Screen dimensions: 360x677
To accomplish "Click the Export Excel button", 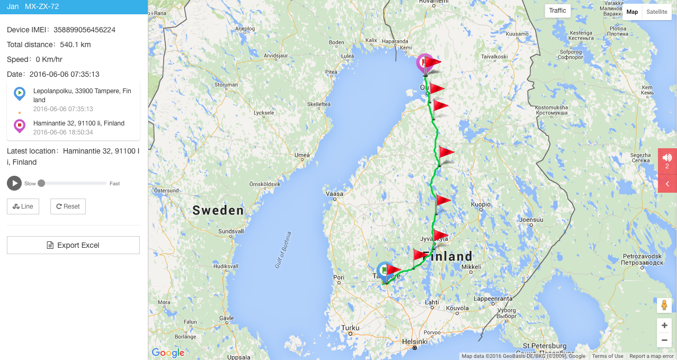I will tap(73, 245).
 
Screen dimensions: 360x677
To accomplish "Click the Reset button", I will tap(68, 206).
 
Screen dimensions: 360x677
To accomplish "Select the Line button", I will tap(23, 206).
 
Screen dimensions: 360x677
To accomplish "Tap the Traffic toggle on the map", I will tap(557, 11).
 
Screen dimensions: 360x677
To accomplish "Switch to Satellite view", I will tap(657, 12).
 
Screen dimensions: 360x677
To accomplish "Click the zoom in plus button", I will tap(664, 326).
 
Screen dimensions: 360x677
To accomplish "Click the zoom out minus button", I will tap(664, 340).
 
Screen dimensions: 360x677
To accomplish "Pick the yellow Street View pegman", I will tap(664, 305).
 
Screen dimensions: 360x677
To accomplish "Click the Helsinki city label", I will tap(415, 341).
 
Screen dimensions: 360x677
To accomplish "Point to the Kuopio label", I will tap(480, 204).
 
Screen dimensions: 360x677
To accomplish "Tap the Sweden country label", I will tap(218, 210).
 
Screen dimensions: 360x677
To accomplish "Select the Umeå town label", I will tap(302, 155).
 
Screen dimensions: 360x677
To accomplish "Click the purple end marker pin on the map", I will tap(424, 63).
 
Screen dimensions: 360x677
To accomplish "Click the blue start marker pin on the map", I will tap(384, 270).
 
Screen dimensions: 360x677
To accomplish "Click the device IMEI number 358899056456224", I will tap(84, 30).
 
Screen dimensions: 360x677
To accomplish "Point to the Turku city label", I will tap(350, 328).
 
